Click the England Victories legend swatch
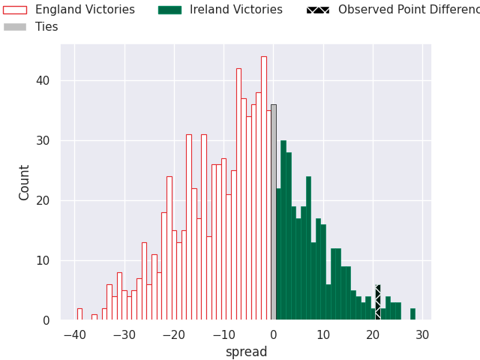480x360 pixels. (x=15, y=10)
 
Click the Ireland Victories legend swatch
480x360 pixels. (x=169, y=10)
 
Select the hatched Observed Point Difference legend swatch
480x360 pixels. (x=318, y=10)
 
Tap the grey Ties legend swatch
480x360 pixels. (x=15, y=27)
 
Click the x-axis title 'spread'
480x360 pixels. (x=246, y=352)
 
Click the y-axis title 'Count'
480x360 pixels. (x=25, y=182)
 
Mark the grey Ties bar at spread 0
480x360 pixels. (x=274, y=217)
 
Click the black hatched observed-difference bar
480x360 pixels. (x=378, y=303)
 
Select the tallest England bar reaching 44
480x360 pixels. (x=264, y=187)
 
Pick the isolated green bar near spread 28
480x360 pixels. (x=412, y=314)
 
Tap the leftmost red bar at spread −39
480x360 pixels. (x=79, y=314)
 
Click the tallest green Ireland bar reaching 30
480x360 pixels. (x=283, y=232)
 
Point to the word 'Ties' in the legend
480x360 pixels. (x=46, y=27)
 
